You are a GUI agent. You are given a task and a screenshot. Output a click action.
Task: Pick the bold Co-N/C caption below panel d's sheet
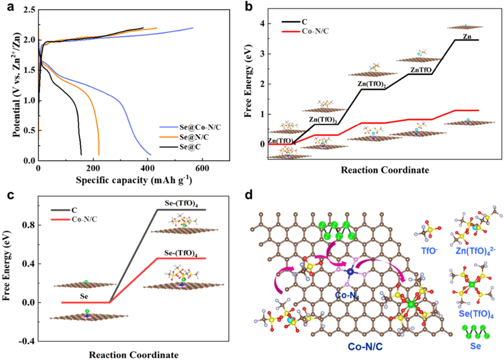pos(364,347)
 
